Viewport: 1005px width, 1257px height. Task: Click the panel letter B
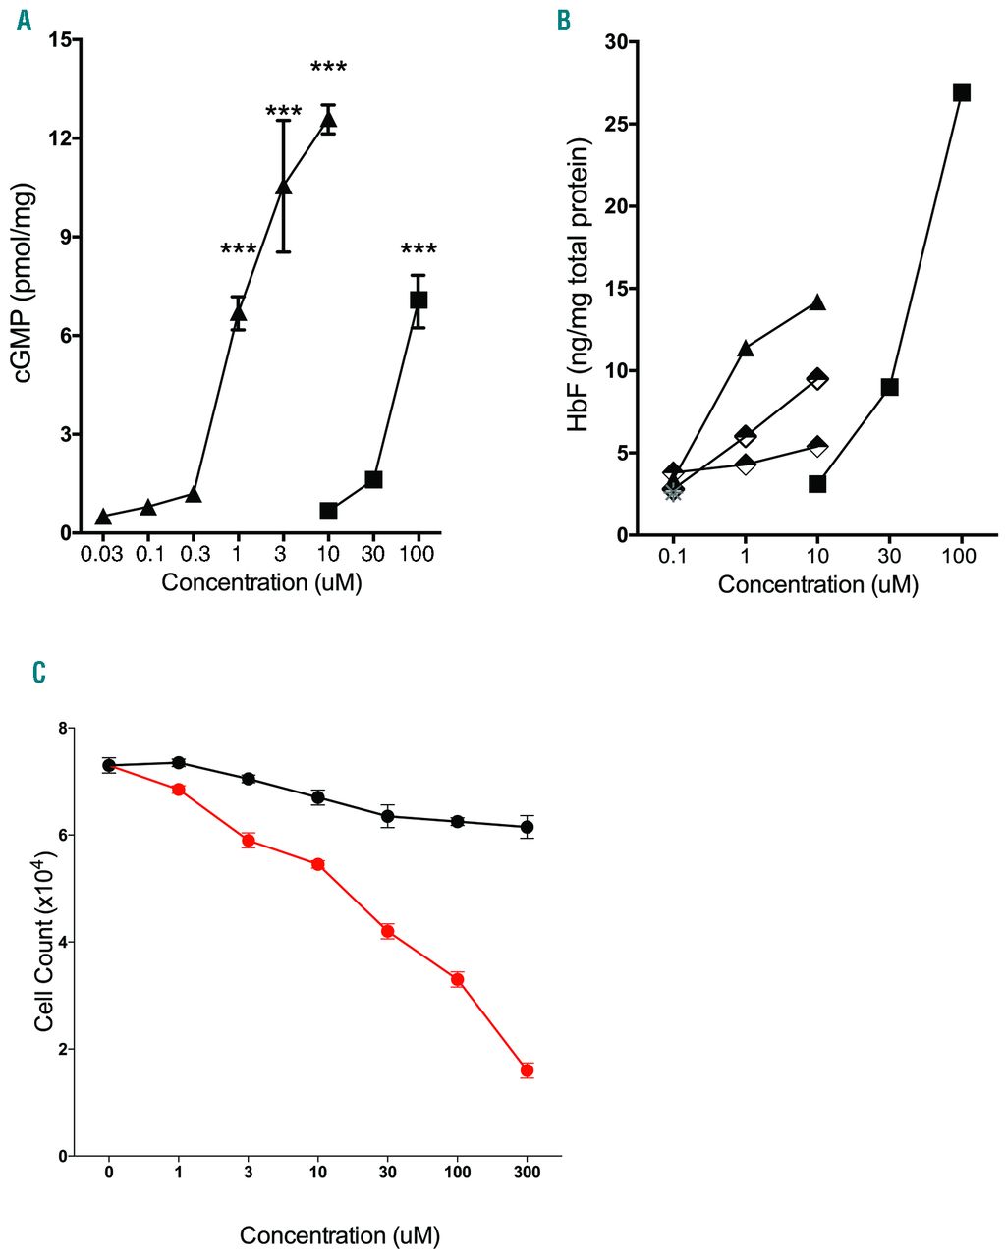[x=563, y=21]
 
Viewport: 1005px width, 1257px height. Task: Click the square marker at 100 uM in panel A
[x=419, y=300]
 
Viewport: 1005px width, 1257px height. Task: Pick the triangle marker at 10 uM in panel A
[x=328, y=120]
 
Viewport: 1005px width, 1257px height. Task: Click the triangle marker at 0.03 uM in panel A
[x=102, y=517]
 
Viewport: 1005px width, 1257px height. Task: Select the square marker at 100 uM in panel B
[x=962, y=92]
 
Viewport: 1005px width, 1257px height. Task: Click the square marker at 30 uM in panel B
[x=889, y=387]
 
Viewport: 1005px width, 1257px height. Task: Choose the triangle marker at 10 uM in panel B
[x=817, y=302]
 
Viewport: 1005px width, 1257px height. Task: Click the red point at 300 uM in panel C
[x=527, y=1070]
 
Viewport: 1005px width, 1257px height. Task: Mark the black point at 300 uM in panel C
[x=527, y=827]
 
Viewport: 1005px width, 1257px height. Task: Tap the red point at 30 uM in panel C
[x=387, y=931]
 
